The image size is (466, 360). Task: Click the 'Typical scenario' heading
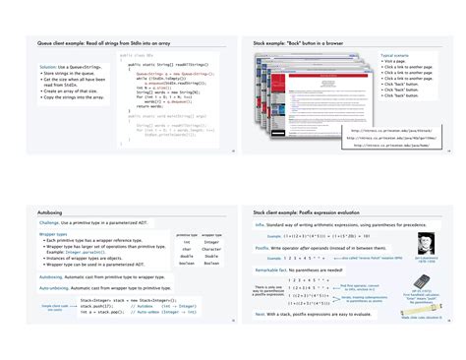click(395, 55)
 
